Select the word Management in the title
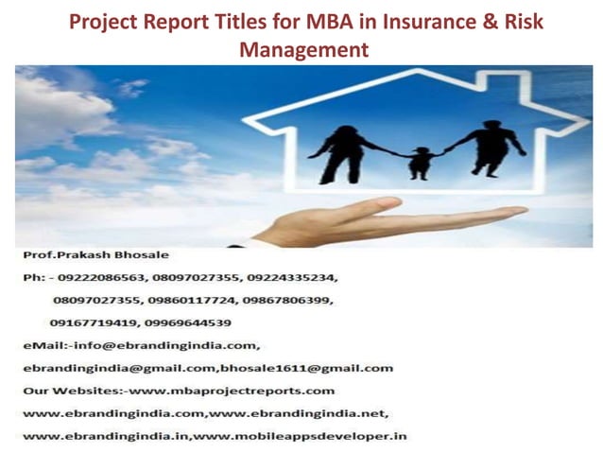click(303, 48)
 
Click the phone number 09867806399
click(287, 301)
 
